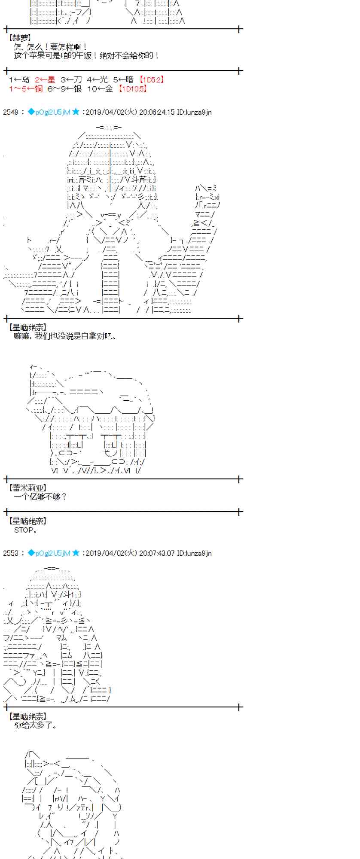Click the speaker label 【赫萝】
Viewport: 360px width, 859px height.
coord(20,38)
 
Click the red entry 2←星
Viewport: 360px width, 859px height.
coord(45,79)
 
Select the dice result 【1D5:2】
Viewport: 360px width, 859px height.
coord(151,79)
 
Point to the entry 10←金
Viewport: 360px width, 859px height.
coord(101,88)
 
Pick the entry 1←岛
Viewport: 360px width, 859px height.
coord(19,79)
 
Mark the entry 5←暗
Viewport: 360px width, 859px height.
coord(123,79)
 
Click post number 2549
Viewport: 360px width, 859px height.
coord(11,112)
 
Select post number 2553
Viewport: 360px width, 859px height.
coord(11,553)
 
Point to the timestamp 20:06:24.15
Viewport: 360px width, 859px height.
coord(157,112)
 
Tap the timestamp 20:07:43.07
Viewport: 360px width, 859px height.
coord(157,553)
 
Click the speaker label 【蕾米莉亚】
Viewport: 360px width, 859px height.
coord(27,487)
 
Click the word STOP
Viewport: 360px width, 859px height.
coord(25,530)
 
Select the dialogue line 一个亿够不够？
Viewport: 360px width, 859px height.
coord(40,497)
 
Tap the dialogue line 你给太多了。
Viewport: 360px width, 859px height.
coord(36,725)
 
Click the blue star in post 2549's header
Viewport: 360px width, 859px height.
coord(76,112)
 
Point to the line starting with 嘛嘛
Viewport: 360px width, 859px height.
coord(65,336)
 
